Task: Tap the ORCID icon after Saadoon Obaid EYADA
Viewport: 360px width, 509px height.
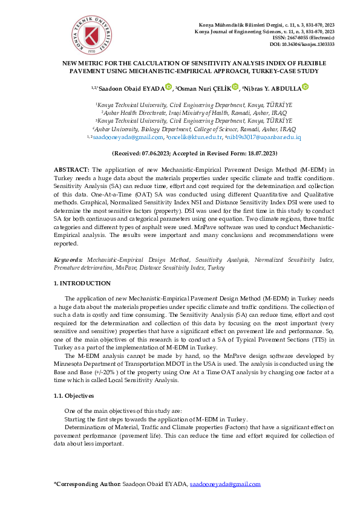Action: pyautogui.click(x=168, y=88)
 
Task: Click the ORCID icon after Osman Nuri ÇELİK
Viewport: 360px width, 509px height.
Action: pyautogui.click(x=235, y=88)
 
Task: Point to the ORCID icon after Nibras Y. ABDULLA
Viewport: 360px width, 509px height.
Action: pyautogui.click(x=305, y=88)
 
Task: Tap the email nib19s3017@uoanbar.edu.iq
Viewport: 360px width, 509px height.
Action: pyautogui.click(x=264, y=138)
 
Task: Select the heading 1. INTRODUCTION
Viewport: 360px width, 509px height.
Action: pyautogui.click(x=82, y=283)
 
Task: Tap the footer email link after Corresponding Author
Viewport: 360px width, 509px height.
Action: pyautogui.click(x=225, y=484)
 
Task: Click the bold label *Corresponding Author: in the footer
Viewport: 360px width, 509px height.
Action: pyautogui.click(x=87, y=484)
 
